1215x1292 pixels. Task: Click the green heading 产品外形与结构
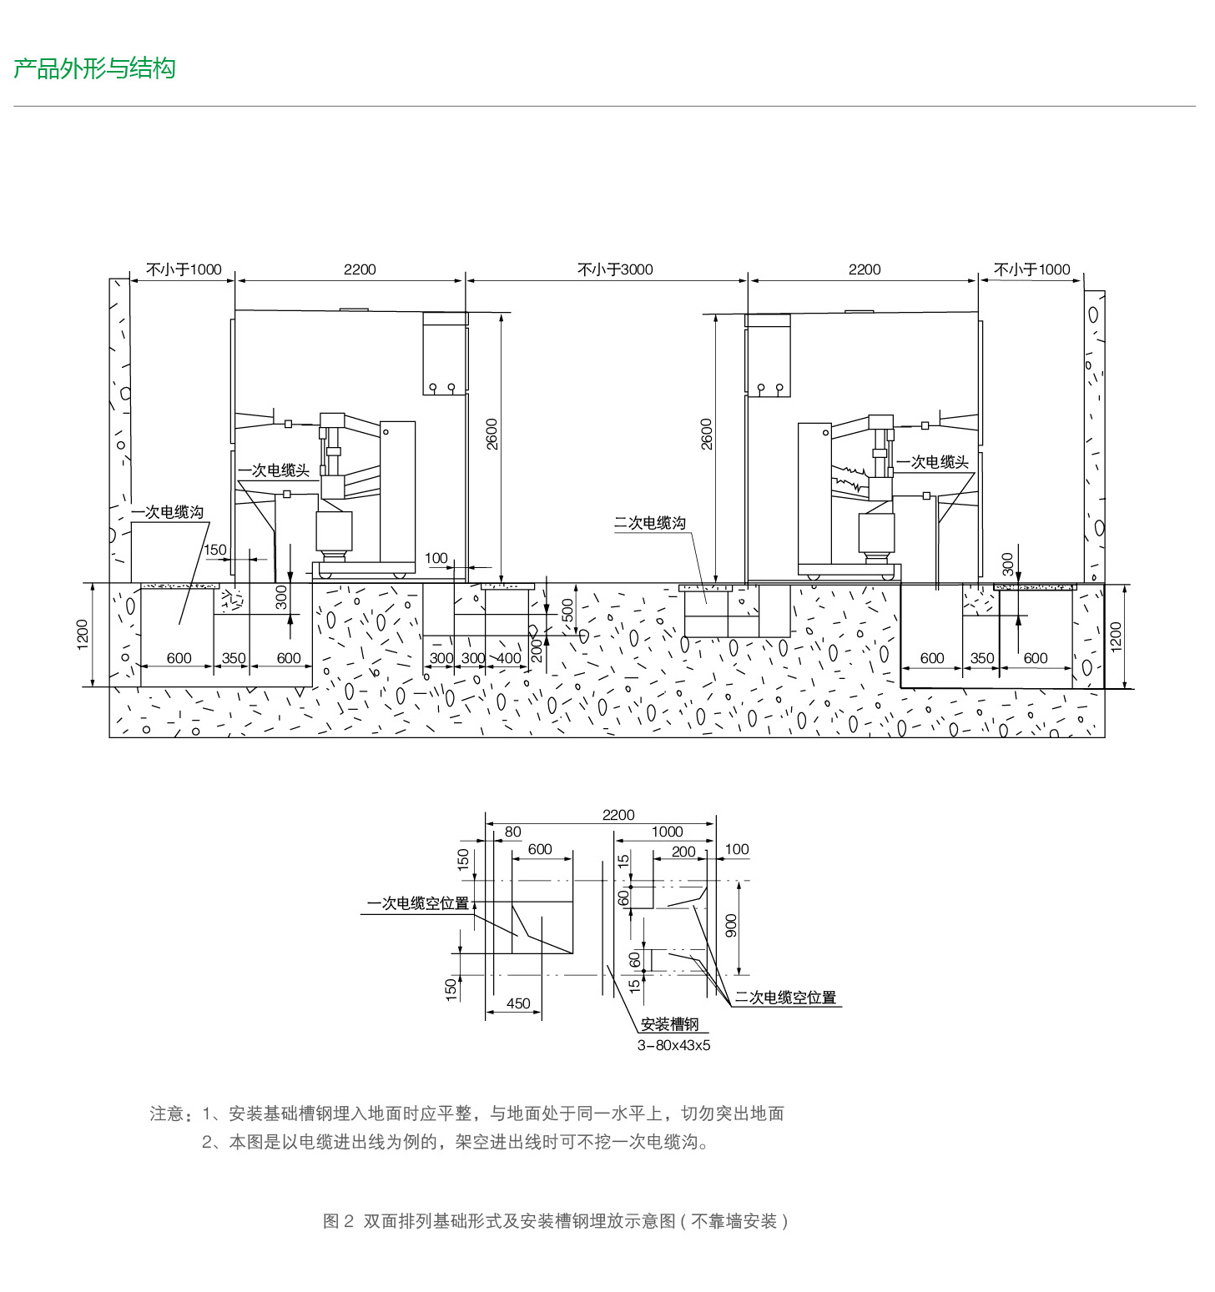click(x=94, y=68)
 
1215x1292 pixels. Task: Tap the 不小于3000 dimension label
click(x=615, y=269)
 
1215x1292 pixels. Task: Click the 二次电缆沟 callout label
click(x=650, y=523)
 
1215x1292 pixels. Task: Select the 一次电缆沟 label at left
click(x=167, y=512)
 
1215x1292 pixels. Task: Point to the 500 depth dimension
click(x=568, y=611)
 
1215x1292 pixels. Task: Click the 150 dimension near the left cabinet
click(x=215, y=550)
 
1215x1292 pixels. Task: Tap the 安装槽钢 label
click(x=669, y=1024)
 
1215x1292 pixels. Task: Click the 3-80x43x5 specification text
click(x=673, y=1045)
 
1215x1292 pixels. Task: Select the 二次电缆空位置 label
click(x=785, y=998)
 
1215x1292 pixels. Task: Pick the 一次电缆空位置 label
click(x=418, y=903)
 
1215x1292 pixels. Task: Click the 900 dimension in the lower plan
click(x=732, y=925)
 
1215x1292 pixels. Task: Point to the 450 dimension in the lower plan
click(x=518, y=1003)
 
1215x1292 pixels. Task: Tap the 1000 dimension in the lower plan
click(x=667, y=832)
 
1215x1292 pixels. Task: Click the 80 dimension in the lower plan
click(x=512, y=832)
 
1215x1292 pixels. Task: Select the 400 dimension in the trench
click(x=508, y=658)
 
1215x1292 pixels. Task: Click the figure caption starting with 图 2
click(x=556, y=1221)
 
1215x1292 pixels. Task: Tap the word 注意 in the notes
click(x=167, y=1114)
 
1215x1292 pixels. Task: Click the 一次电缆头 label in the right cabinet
click(x=932, y=462)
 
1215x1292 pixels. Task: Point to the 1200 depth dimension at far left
click(x=82, y=636)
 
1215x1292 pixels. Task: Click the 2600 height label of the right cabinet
click(x=707, y=434)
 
